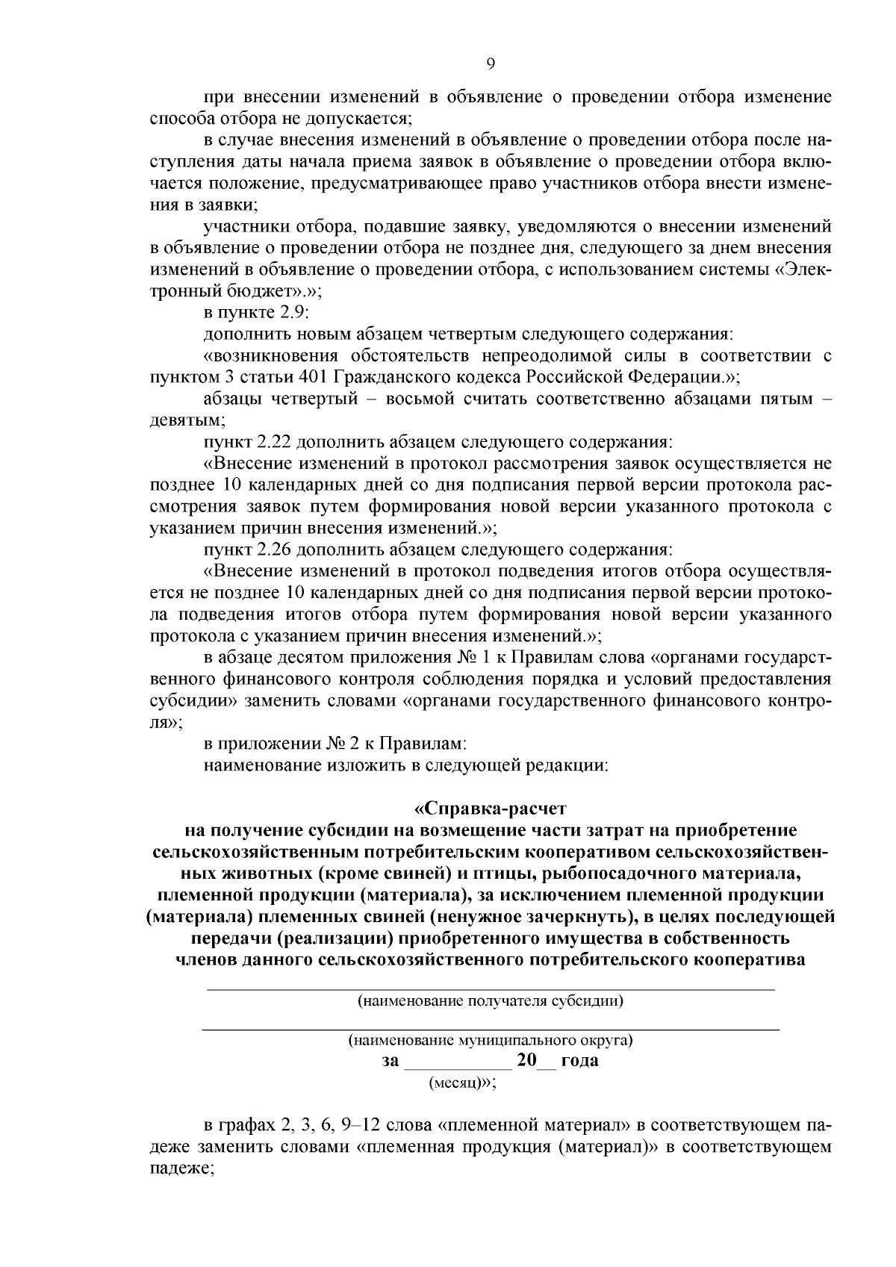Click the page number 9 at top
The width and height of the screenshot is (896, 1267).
[x=490, y=64]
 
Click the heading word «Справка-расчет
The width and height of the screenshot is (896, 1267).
[x=490, y=808]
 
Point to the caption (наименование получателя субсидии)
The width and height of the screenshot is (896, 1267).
[x=490, y=1001]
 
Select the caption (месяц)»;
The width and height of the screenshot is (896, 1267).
[x=461, y=1083]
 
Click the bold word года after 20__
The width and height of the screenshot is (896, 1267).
[x=579, y=1061]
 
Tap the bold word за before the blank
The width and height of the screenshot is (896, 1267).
[x=391, y=1061]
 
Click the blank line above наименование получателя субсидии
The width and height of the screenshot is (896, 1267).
[x=490, y=989]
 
